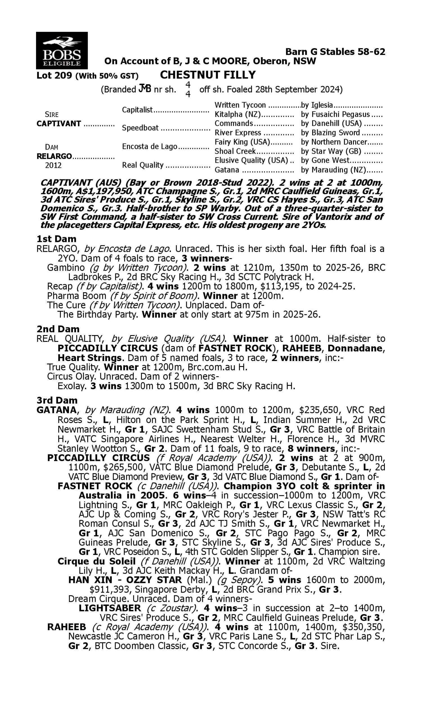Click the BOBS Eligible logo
pos(62,51)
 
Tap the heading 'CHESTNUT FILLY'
pos(208,75)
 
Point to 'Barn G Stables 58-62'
pos(335,52)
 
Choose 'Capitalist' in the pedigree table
pos(137,110)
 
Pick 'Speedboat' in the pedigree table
pos(140,128)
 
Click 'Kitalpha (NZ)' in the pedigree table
pos(238,114)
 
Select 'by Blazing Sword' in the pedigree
pos(331,133)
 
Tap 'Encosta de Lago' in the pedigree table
pos(150,146)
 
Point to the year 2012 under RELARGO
pos(53,166)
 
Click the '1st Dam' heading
pos(57,239)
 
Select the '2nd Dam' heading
pos(58,329)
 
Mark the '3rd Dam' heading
pos(57,400)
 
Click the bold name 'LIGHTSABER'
pos(110,608)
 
